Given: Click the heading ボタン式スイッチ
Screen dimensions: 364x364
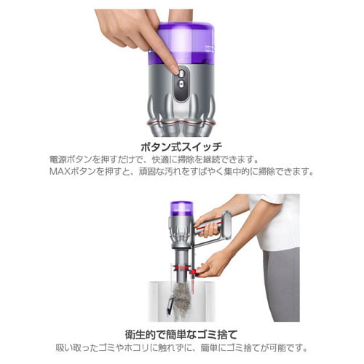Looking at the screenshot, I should click(x=182, y=145).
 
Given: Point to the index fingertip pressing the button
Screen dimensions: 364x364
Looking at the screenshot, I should click(x=173, y=69).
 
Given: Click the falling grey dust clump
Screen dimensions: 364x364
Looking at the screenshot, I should click(x=182, y=298).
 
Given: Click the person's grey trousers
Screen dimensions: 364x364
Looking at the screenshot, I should click(x=280, y=284).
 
